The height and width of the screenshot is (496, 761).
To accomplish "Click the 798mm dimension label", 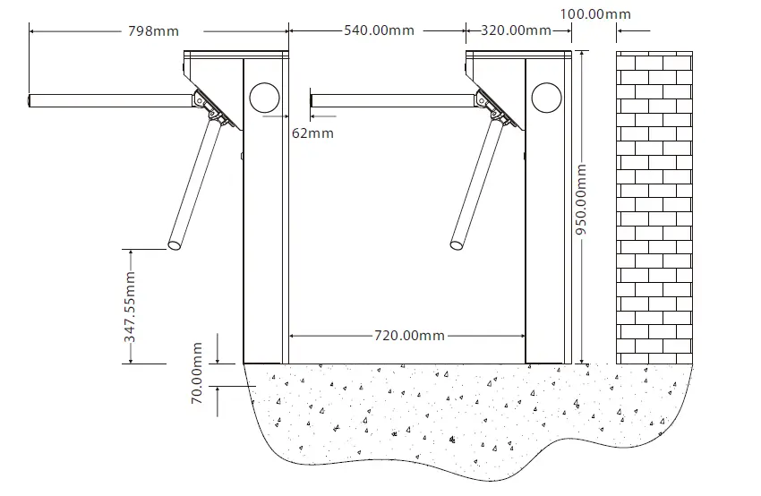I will click(153, 31).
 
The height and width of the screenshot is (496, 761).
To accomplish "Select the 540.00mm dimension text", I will click(379, 30).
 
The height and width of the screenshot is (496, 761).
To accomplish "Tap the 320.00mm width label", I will click(516, 30).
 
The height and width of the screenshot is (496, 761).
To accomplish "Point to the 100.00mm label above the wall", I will click(594, 14).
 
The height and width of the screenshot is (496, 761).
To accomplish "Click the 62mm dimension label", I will click(312, 133).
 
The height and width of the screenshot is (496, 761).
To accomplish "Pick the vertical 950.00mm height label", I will click(581, 199).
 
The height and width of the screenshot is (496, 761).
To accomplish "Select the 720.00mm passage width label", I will click(408, 336).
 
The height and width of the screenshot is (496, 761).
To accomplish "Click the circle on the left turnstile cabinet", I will click(266, 97).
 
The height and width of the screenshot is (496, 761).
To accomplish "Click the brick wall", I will click(654, 206).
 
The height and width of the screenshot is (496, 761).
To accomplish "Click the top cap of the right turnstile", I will click(519, 54).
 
